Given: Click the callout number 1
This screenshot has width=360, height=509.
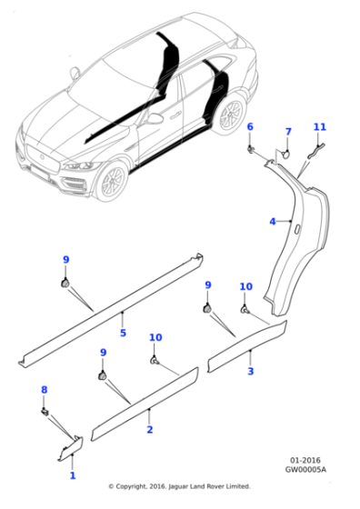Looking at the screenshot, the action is [x=73, y=475].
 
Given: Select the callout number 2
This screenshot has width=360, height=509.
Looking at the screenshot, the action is [x=150, y=429].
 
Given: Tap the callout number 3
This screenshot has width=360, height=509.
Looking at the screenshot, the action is [x=251, y=371].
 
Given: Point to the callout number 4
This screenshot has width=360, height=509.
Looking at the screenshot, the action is [x=273, y=222].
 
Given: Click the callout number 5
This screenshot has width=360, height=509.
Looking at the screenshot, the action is [x=123, y=333].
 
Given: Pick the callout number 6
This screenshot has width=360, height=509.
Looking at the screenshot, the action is [x=250, y=126].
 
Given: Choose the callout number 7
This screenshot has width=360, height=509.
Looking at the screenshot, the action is [x=288, y=132].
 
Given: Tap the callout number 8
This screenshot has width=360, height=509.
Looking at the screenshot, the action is [x=45, y=390].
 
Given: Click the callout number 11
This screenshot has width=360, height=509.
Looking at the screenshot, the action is [x=320, y=127].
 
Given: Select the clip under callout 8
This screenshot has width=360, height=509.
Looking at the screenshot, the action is [x=45, y=412].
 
